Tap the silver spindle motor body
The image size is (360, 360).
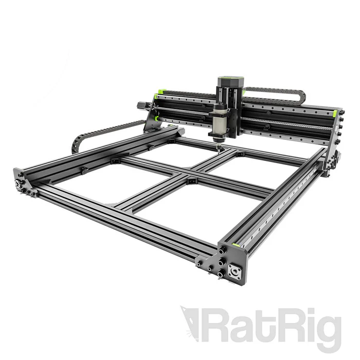pos(219,121)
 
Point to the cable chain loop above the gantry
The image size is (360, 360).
pos(278,93)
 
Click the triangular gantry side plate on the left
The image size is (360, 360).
pos(152,121)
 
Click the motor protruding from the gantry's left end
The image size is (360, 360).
pos(141,105)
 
